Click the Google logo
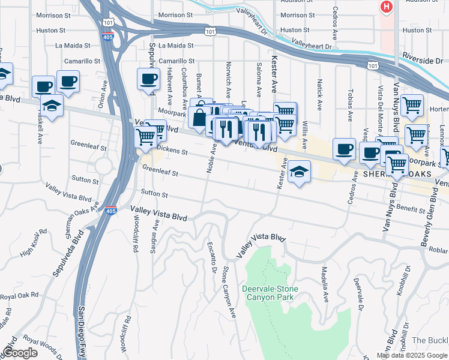tap(20, 353)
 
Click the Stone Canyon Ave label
tap(231, 292)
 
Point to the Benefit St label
tap(410, 208)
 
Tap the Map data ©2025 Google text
tap(411, 355)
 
